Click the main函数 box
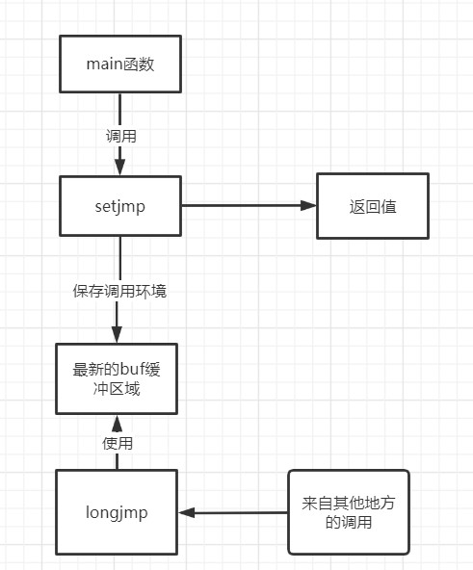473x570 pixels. click(x=119, y=65)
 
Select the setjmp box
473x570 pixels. click(x=119, y=205)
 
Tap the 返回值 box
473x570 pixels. click(x=373, y=206)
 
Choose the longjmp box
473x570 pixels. click(x=116, y=511)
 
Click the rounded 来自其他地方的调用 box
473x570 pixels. click(x=348, y=511)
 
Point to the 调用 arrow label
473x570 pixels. click(x=120, y=136)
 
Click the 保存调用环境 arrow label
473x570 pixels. click(x=119, y=290)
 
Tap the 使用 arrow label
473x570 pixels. click(x=118, y=444)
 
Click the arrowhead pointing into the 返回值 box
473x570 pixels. click(x=309, y=205)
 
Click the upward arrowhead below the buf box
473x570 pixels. click(x=118, y=422)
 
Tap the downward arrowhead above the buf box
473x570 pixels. click(x=118, y=333)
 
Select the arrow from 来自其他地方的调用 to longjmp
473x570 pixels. click(x=236, y=512)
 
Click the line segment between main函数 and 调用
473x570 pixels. click(x=119, y=109)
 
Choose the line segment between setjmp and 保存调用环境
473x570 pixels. click(x=119, y=257)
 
